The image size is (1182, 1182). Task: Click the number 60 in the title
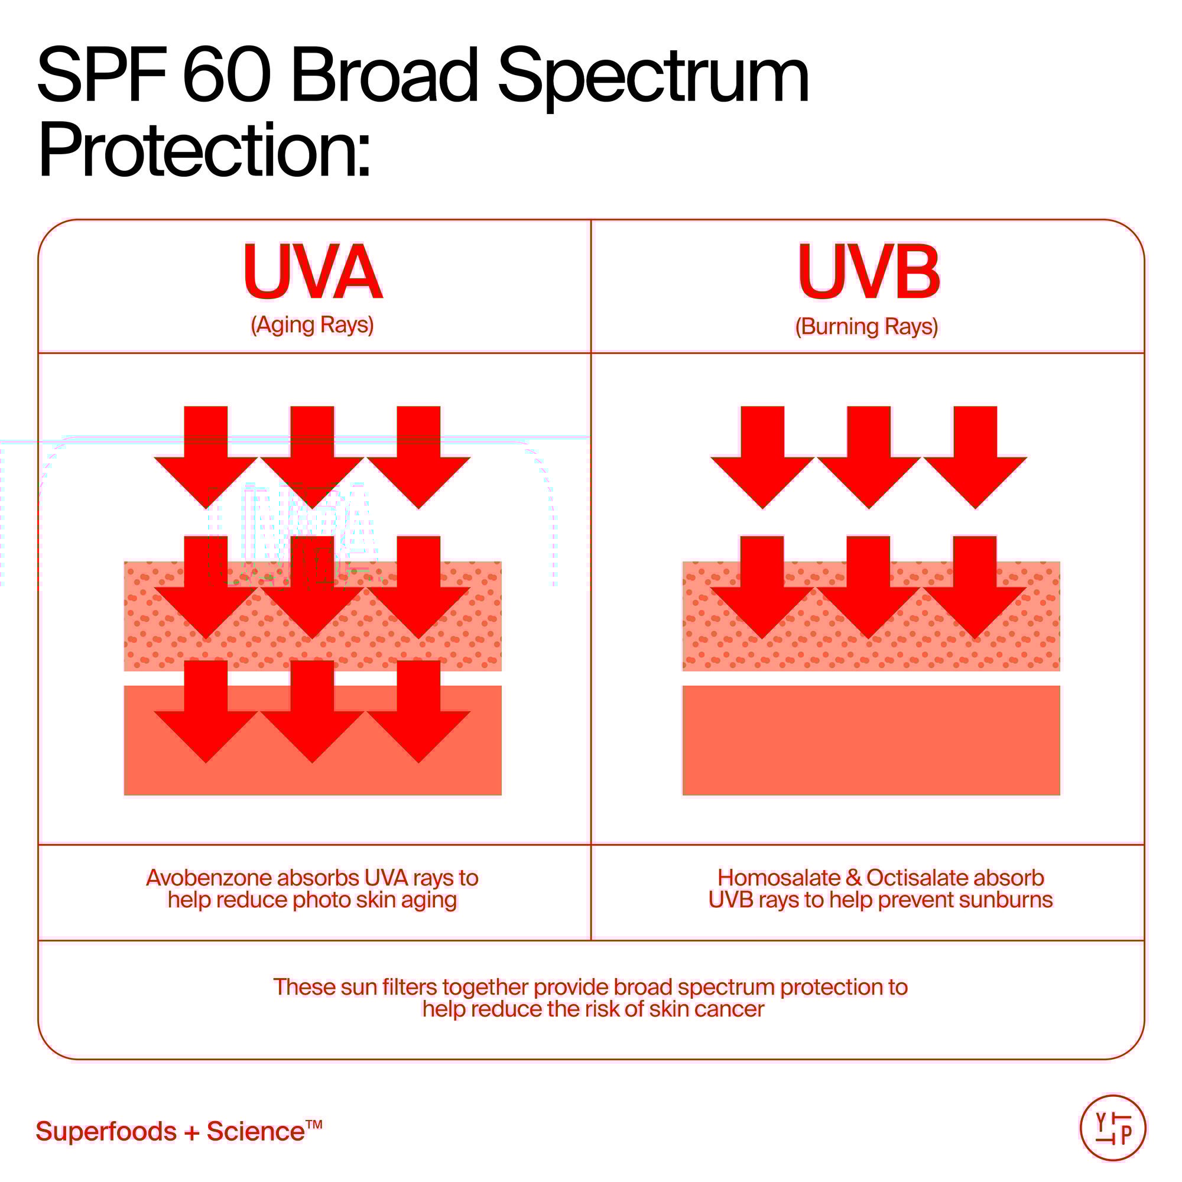pos(226,76)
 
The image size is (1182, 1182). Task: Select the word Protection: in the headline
pos(204,150)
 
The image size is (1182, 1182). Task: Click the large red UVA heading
pos(313,272)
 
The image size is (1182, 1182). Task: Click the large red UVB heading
pos(868,272)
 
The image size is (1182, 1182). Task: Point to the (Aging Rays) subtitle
pos(312,324)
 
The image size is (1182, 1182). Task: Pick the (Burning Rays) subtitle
pos(866,326)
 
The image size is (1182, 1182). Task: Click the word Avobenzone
pos(209,878)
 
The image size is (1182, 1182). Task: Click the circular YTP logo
pos(1113,1128)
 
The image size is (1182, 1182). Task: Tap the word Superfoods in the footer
pos(106,1132)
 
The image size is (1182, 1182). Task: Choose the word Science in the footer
pos(256,1132)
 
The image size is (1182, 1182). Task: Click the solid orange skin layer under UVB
pos(871,741)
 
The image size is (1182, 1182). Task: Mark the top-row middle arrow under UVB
pos(869,456)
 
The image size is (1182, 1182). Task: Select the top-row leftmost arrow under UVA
pos(206,456)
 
